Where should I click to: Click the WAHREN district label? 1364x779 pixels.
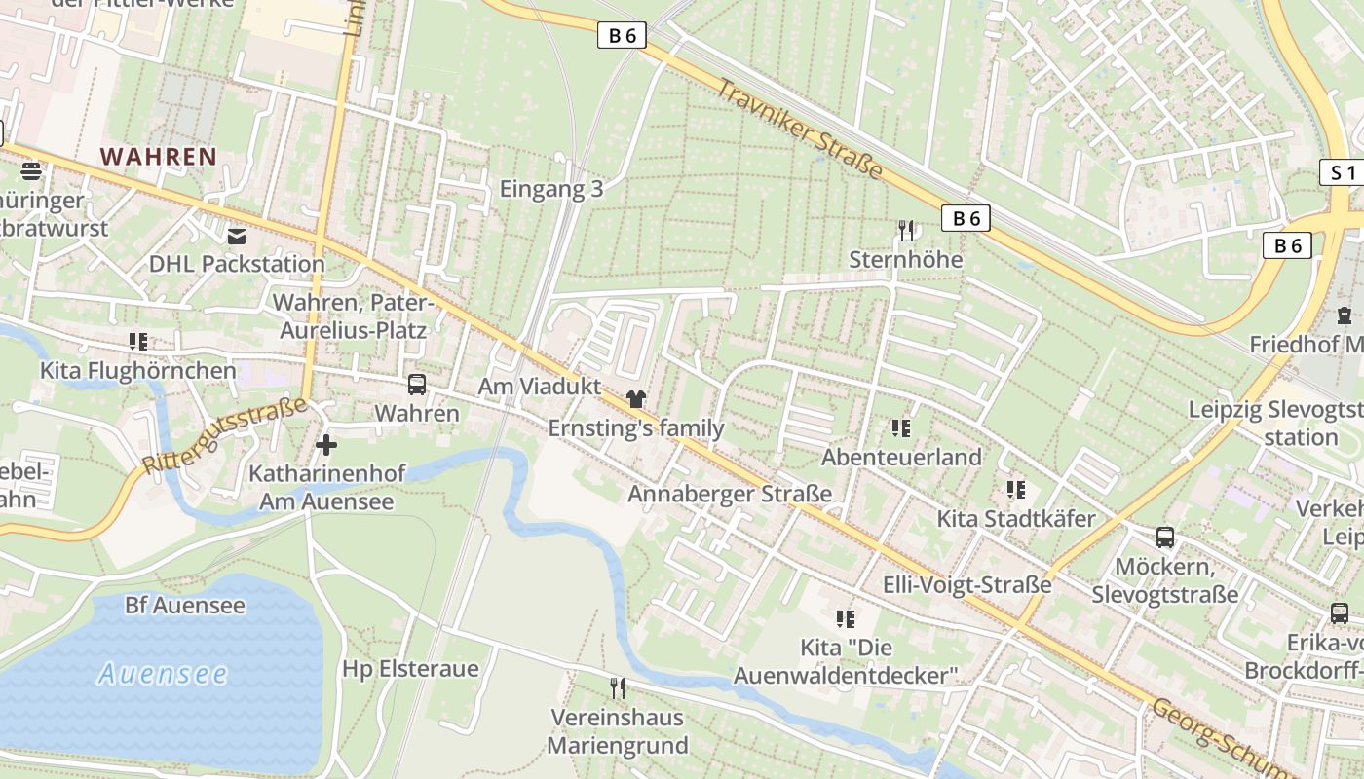158,156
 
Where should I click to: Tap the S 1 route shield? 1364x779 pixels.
1343,173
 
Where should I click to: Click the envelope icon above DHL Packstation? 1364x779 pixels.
237,236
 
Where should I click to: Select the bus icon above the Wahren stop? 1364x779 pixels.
417,385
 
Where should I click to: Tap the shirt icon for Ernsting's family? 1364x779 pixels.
636,398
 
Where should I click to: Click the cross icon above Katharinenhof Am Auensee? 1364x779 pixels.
326,445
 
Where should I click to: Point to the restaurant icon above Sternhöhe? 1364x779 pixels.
906,231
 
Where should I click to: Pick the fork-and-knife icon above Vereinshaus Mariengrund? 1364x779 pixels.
617,688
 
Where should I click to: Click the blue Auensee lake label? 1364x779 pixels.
163,673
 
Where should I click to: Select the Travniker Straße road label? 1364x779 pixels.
800,130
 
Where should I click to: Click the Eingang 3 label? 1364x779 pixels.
551,189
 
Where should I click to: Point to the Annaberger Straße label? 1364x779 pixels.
730,494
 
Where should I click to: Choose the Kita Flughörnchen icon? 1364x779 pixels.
138,342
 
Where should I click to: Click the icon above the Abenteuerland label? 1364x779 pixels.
900,427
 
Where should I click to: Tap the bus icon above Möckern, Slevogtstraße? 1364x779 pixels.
1164,537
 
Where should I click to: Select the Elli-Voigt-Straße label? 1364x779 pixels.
966,584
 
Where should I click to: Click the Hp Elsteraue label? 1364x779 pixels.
410,669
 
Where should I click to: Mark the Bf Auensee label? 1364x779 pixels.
185,605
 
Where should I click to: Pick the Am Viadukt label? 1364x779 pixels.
539,387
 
